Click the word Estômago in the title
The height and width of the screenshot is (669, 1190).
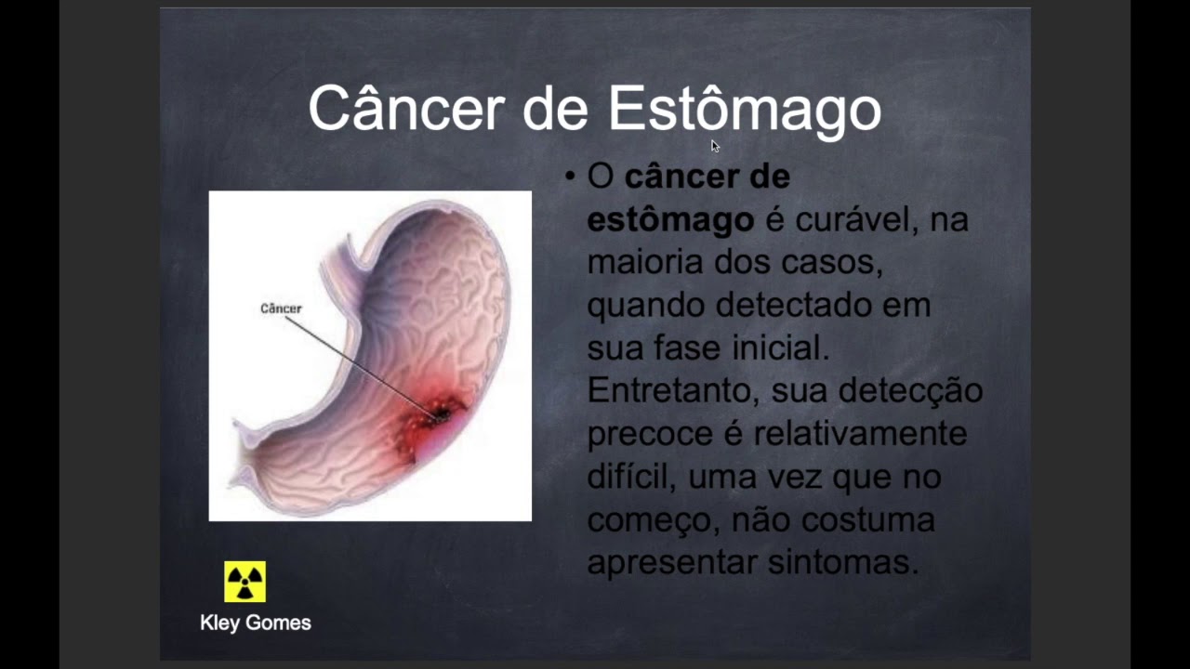tap(745, 110)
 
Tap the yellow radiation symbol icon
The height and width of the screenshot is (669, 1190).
tap(245, 582)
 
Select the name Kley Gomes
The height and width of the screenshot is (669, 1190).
tap(256, 623)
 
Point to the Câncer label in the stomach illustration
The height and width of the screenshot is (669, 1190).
tap(281, 308)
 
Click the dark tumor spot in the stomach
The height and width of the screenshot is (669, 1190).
tap(442, 414)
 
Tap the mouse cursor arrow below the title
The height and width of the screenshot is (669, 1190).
tap(715, 146)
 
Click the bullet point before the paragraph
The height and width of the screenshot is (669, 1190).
tap(570, 177)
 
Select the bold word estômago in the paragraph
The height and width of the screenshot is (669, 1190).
tap(670, 220)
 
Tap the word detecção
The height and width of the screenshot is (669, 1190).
tap(910, 392)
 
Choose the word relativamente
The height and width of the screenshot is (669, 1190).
tap(860, 434)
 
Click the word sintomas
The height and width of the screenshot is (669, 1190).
tap(843, 562)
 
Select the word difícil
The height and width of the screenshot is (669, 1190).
tap(631, 477)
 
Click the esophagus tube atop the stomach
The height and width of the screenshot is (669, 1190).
tap(340, 266)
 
